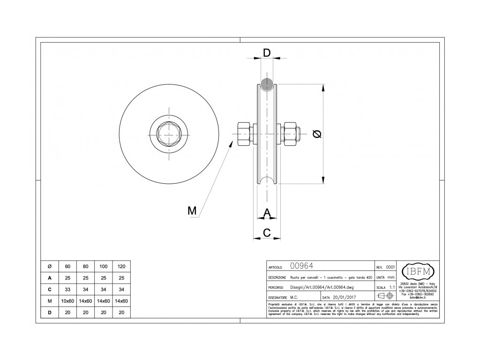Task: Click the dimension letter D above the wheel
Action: pos(266,52)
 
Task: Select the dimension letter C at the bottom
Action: pos(266,232)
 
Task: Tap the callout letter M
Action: pos(192,211)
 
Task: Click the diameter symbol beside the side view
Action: pos(317,135)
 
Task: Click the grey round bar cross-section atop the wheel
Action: pos(268,84)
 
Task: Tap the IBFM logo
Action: pos(418,271)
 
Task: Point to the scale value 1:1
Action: pos(392,287)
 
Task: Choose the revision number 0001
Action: pos(390,267)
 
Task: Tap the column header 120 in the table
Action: pos(122,267)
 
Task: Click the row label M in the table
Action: pos(50,301)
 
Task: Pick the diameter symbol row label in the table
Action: pos(50,267)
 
